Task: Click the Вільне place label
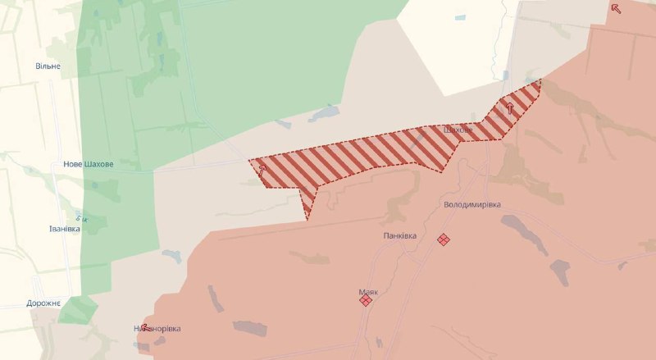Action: tap(48, 66)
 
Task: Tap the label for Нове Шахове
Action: tap(89, 164)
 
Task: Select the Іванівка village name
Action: tap(64, 229)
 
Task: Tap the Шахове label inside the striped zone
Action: tap(458, 130)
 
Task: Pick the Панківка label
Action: tap(400, 235)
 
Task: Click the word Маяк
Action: tap(367, 291)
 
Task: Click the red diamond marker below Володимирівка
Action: tap(444, 239)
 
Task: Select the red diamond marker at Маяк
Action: tap(366, 301)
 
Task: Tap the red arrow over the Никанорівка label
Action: tap(145, 327)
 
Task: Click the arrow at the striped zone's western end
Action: tap(262, 170)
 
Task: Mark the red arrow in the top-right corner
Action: tap(616, 9)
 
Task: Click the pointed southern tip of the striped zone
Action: tap(307, 218)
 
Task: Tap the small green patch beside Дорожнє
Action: tap(78, 309)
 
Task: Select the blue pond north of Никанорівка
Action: tap(171, 257)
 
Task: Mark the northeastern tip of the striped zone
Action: tap(540, 81)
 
